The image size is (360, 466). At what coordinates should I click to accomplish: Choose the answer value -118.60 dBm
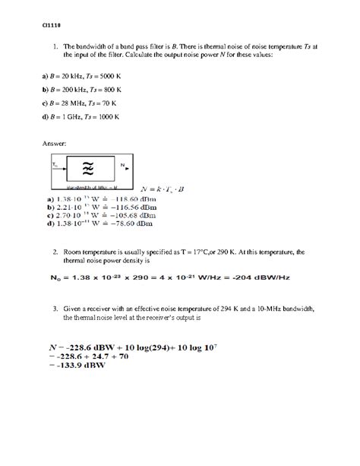tap(130, 198)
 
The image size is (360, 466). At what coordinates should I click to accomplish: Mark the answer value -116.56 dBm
tap(130, 206)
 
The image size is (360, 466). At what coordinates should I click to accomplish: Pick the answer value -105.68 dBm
tap(130, 214)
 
